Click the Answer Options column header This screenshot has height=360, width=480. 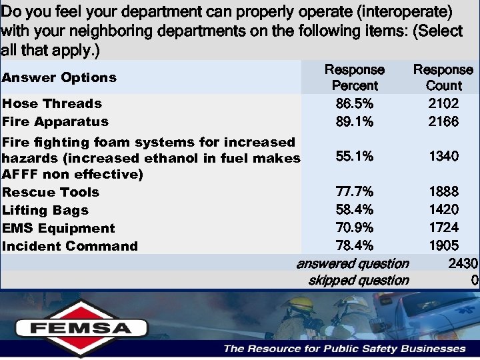[x=59, y=77]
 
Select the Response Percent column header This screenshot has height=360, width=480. [x=354, y=77]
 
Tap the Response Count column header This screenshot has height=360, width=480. [x=443, y=77]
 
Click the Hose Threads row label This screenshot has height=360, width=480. [x=52, y=103]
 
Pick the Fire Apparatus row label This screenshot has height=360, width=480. [x=55, y=121]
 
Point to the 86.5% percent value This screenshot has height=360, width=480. [x=354, y=103]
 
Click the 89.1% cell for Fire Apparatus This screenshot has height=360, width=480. [x=354, y=121]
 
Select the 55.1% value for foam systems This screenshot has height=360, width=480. [x=354, y=156]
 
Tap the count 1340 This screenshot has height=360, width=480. [x=443, y=156]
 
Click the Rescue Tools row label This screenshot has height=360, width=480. [x=51, y=192]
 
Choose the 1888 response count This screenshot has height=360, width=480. [x=443, y=192]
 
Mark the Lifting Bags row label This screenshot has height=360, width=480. [x=45, y=210]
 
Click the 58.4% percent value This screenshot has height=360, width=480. [x=354, y=210]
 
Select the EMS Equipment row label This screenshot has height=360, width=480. [x=59, y=228]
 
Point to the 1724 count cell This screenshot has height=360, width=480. [x=443, y=228]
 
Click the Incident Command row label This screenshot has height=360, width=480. [x=70, y=246]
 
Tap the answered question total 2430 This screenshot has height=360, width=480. [x=463, y=263]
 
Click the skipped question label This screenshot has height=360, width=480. [x=359, y=280]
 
